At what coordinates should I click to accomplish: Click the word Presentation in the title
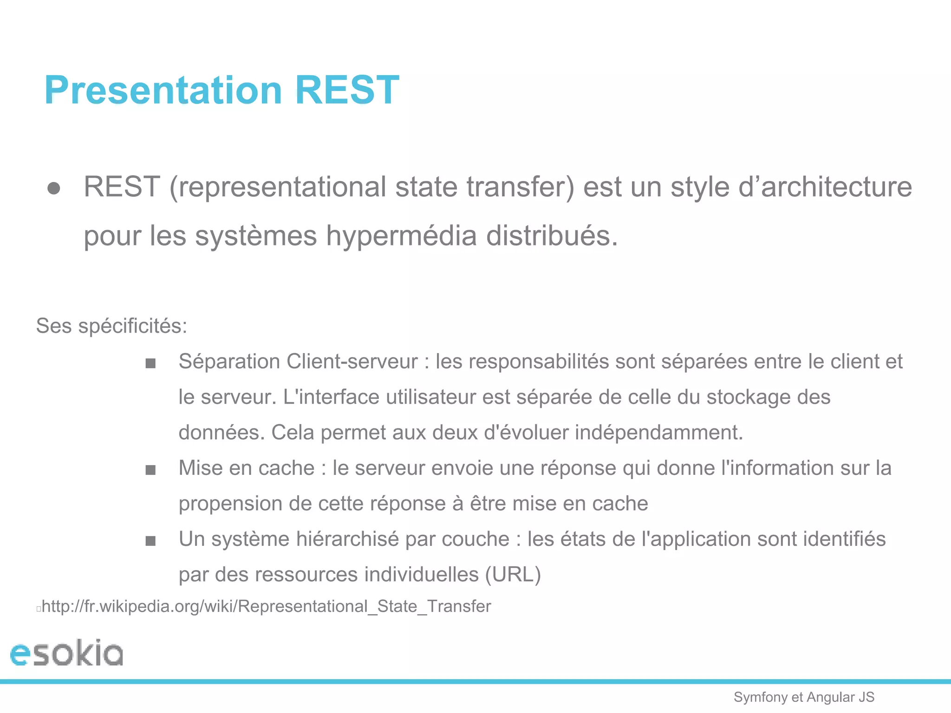pos(163,90)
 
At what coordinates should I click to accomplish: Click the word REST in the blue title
pos(347,90)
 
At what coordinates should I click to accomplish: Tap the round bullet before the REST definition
pos(54,188)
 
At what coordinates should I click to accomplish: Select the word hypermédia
pos(401,236)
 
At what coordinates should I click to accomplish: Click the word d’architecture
pos(825,187)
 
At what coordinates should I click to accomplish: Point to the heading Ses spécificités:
pos(111,326)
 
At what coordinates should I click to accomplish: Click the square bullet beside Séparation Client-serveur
pos(150,363)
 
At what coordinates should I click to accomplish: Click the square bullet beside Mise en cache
pos(150,470)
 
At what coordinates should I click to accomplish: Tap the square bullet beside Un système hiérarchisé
pos(150,541)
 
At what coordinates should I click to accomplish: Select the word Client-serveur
pos(352,362)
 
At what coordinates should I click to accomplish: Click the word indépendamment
pos(659,433)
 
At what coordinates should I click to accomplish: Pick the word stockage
pos(748,397)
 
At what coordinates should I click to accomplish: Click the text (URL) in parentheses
pos(513,575)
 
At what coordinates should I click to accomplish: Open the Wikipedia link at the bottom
pos(266,607)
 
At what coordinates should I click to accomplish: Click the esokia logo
pos(67,654)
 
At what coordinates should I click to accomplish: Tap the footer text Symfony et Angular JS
pos(804,697)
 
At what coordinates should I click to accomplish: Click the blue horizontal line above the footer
pos(475,681)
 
